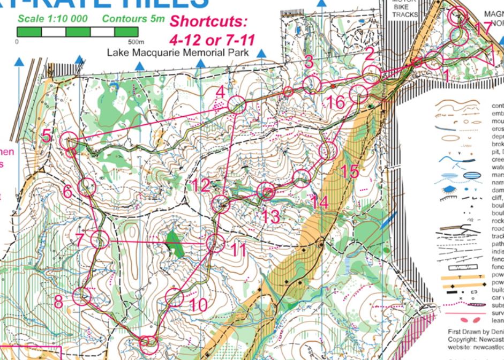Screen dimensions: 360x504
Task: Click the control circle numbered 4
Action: [237, 105]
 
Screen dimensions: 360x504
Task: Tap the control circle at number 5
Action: [69, 142]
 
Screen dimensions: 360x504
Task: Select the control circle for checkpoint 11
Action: [215, 244]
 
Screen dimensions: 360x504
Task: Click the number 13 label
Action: [271, 216]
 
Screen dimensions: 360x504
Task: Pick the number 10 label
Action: [198, 305]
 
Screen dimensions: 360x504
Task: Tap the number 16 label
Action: [335, 102]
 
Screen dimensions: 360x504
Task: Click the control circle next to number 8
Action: [82, 297]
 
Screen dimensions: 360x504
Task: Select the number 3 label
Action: [309, 62]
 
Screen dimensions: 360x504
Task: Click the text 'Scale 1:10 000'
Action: [55, 18]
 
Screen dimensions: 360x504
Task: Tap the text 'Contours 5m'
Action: [133, 18]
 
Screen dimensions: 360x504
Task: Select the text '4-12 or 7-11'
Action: [212, 39]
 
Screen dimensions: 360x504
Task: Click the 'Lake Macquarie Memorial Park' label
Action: [178, 52]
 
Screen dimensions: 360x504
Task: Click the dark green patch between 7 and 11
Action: [174, 244]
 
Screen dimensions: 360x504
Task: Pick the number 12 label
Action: [202, 186]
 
